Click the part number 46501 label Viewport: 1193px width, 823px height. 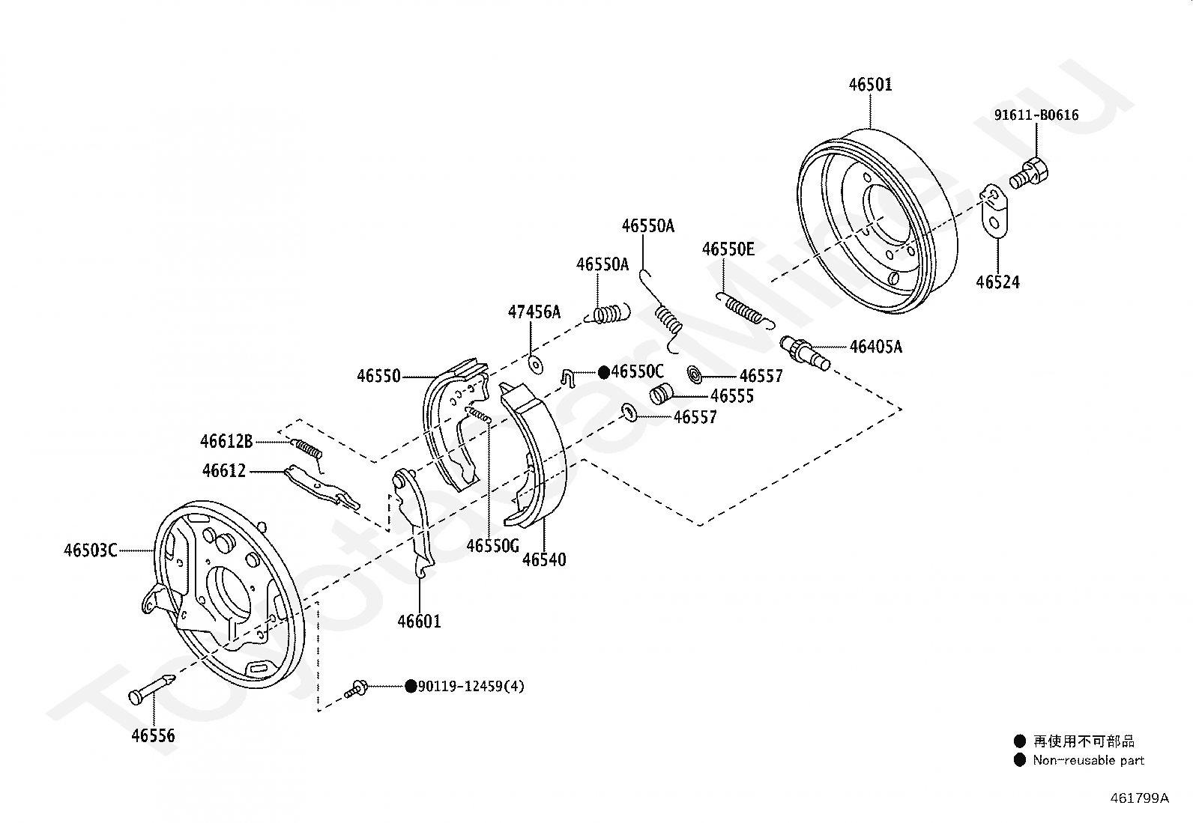point(870,85)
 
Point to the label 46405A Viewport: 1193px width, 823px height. point(876,347)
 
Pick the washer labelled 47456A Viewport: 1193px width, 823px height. point(535,365)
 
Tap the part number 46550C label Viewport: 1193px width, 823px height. point(638,372)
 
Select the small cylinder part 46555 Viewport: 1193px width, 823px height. point(660,393)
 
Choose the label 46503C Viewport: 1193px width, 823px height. point(91,551)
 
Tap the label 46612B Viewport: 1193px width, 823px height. point(226,442)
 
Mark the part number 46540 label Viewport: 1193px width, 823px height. point(544,559)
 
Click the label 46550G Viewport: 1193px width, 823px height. point(492,546)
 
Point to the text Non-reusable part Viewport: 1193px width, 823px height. point(1089,760)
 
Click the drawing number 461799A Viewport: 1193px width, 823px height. point(1139,798)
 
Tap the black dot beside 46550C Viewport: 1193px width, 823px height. point(603,372)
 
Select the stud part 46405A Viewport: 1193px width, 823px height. point(806,353)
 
